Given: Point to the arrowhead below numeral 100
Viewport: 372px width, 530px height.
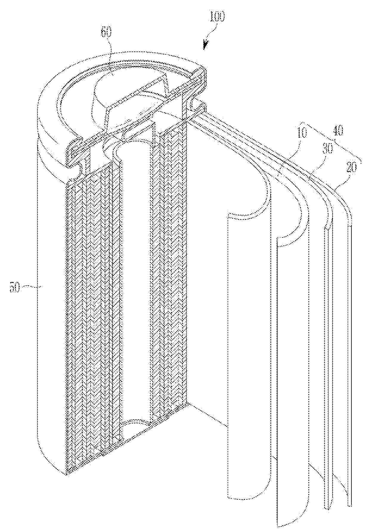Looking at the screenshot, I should click(x=205, y=46).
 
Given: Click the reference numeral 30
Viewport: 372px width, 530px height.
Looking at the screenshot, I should click(x=328, y=149).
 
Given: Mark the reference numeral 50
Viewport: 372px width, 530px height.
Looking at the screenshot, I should click(x=15, y=288).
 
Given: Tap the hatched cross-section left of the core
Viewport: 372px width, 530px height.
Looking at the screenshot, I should click(x=89, y=327).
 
